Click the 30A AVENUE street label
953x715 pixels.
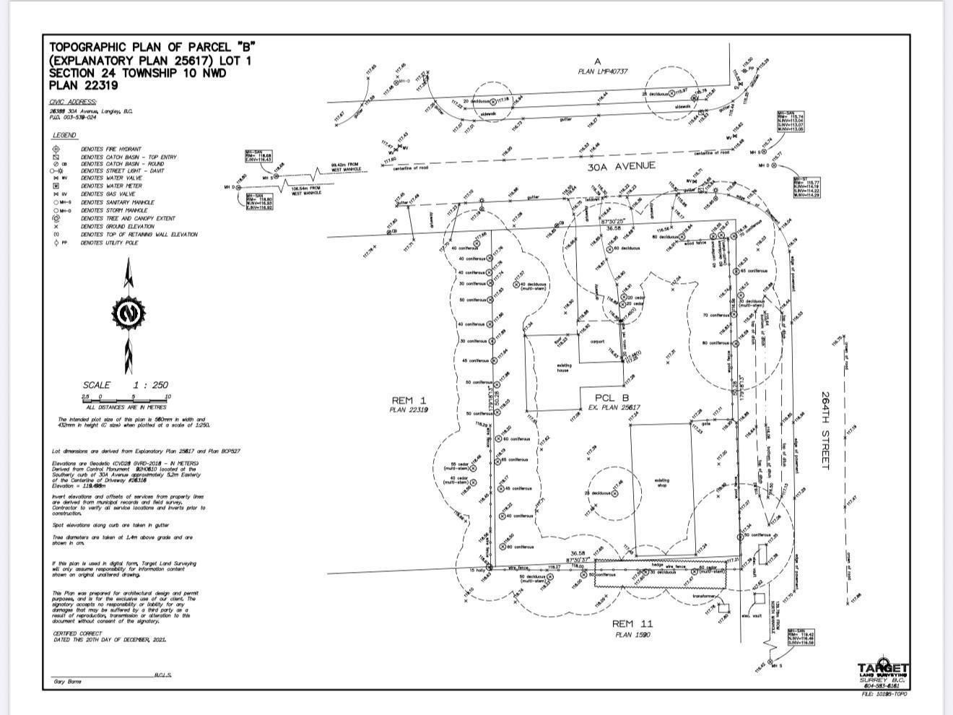[x=621, y=166]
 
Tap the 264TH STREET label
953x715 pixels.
[x=826, y=430]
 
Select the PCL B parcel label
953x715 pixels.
[x=612, y=397]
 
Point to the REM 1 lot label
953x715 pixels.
[x=409, y=400]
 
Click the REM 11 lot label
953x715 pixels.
[x=632, y=623]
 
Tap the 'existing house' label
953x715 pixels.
[x=564, y=368]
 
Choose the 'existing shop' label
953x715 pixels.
[x=661, y=482]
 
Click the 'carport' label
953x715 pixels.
[x=597, y=342]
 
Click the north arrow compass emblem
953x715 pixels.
[x=129, y=314]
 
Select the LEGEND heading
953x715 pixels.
[x=64, y=135]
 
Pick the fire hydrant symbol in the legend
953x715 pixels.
[x=56, y=149]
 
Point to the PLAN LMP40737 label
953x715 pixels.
[x=603, y=71]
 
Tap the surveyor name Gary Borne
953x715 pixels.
[x=67, y=682]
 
